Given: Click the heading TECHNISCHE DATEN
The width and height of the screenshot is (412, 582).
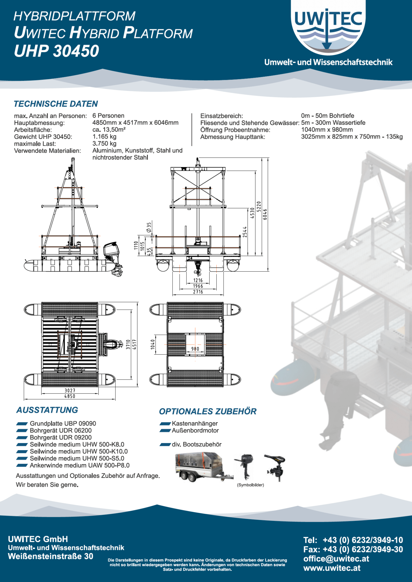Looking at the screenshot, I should pos(56,104).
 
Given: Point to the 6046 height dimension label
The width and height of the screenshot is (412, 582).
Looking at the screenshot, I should pos(265,214).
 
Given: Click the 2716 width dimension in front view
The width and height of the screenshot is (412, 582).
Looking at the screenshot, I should pos(198,292).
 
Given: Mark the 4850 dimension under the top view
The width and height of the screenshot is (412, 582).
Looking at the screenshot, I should pos(70,396).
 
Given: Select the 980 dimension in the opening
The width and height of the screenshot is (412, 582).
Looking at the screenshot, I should pos(195,349).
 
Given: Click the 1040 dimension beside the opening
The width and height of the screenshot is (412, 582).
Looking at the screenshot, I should pos(153,344).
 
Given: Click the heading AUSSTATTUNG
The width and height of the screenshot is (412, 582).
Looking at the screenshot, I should pos(47,410).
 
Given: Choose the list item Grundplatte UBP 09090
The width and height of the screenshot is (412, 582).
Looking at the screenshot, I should pos(63,423).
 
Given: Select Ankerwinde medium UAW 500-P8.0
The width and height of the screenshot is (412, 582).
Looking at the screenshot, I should pos(80,465).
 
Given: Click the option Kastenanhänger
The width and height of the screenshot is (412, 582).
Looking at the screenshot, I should pos(195,423).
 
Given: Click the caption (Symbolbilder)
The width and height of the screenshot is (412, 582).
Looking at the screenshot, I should pos(250,485).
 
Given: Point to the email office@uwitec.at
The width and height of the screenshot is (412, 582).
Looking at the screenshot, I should pos(336,558).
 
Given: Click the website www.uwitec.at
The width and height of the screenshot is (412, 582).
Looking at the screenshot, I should pos(332,568).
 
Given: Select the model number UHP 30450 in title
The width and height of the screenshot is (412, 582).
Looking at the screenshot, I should pos(56,51).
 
